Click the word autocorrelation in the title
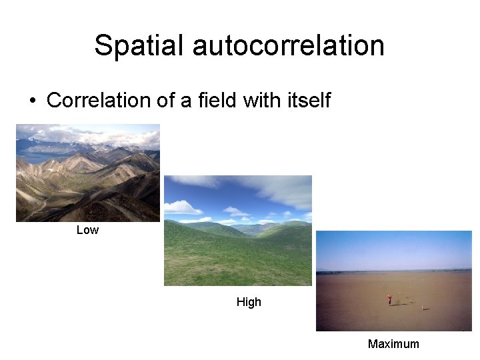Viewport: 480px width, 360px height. click(x=288, y=46)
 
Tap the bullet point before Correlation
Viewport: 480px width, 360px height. click(x=31, y=101)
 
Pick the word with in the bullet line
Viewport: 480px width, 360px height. click(x=257, y=101)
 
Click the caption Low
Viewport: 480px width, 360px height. click(x=87, y=230)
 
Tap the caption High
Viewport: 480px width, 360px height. click(x=249, y=302)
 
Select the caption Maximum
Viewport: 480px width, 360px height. click(x=393, y=344)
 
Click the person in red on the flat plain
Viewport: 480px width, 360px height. click(x=389, y=300)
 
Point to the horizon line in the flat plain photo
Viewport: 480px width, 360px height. click(x=393, y=271)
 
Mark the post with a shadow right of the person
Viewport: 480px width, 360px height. click(x=423, y=308)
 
